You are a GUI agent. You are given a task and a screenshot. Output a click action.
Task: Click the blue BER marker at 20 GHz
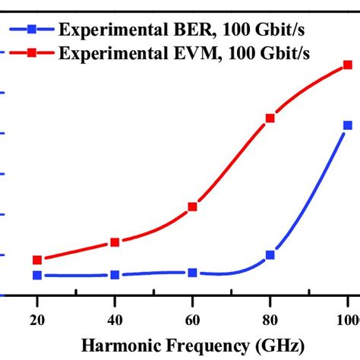coord(37,275)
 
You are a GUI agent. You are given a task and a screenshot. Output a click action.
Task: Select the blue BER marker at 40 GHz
coord(115,274)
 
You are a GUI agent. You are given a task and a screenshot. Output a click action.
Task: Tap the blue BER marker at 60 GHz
coord(193,272)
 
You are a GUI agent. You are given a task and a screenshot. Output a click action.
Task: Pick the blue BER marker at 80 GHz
coord(270,255)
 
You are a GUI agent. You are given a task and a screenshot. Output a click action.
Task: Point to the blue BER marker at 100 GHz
coord(348,125)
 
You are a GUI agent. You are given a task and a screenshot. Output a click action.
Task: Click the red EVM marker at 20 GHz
coord(37,260)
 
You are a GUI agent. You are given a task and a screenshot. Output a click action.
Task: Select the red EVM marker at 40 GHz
coord(115,242)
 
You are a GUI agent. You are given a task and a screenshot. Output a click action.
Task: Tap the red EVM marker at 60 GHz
coord(193,207)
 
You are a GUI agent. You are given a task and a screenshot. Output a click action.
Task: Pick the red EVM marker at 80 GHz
coord(270,118)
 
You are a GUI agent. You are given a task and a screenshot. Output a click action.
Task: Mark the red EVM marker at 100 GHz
coord(348,65)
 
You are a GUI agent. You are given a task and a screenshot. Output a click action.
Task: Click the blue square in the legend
coord(32,31)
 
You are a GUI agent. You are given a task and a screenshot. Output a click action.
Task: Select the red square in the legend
coord(32,52)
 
